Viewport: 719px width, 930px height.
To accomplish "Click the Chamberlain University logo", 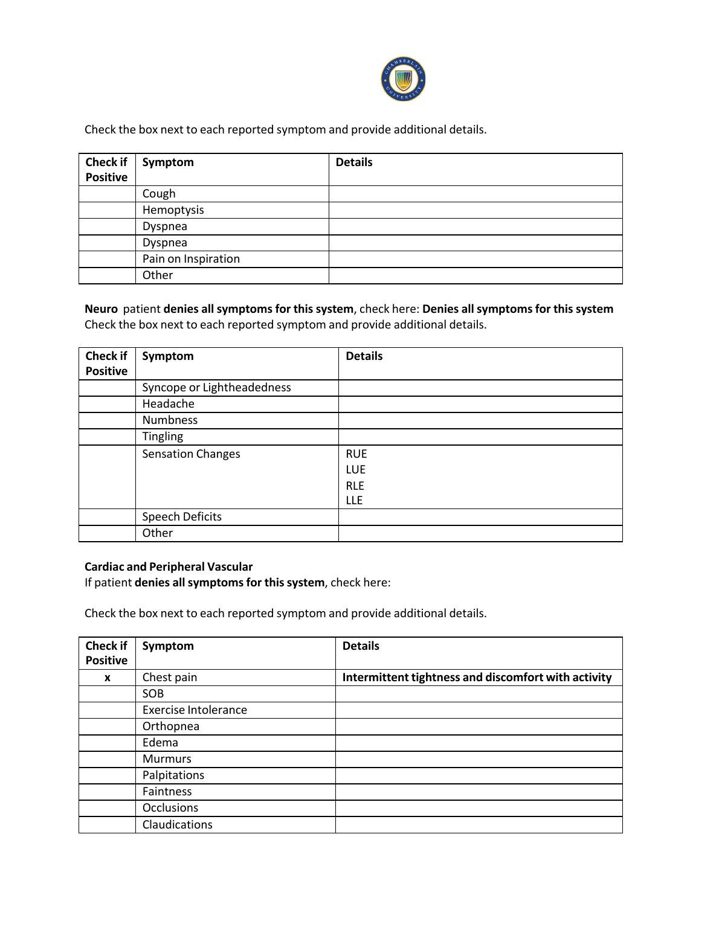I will [403, 79].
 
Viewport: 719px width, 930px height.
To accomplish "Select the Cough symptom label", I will [159, 194].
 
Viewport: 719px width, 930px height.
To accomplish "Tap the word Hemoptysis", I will [173, 210].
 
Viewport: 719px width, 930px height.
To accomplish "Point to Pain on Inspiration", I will [191, 259].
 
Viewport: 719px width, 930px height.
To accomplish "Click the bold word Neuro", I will [101, 309].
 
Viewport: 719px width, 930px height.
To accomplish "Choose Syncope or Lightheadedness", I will [216, 388].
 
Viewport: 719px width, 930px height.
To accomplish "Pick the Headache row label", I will [168, 404].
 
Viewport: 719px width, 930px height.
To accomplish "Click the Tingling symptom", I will [163, 437].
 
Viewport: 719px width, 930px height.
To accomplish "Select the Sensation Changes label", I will [191, 454].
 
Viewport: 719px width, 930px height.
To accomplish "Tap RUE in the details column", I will [356, 454].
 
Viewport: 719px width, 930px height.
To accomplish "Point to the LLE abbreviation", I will [354, 501].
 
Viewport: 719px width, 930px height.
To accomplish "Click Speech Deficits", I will [182, 517].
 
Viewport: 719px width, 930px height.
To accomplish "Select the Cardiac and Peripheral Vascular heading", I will [169, 567].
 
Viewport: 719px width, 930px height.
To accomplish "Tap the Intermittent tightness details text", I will [477, 678].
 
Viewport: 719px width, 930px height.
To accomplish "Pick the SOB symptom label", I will [153, 694].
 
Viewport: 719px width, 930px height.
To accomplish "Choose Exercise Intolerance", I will [195, 710].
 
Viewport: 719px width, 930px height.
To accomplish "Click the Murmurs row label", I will [167, 759].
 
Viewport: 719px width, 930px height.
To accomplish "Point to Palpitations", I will [173, 775].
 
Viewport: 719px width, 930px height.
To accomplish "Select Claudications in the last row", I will [177, 825].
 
